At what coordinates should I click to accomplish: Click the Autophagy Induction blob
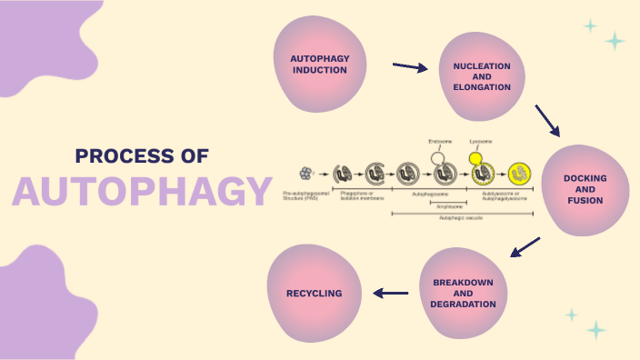[319, 64]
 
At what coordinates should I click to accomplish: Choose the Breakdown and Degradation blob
[463, 294]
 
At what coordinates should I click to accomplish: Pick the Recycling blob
[315, 294]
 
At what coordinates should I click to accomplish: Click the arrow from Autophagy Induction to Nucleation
[409, 66]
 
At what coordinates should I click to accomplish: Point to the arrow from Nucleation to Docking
[547, 120]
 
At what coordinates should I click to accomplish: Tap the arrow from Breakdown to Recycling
[391, 293]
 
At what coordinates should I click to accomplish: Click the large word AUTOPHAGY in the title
[143, 191]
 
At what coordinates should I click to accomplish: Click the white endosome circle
[439, 156]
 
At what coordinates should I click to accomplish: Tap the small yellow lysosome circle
[475, 158]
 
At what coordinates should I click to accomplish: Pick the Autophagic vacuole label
[457, 218]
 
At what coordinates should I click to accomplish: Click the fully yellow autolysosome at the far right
[519, 172]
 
